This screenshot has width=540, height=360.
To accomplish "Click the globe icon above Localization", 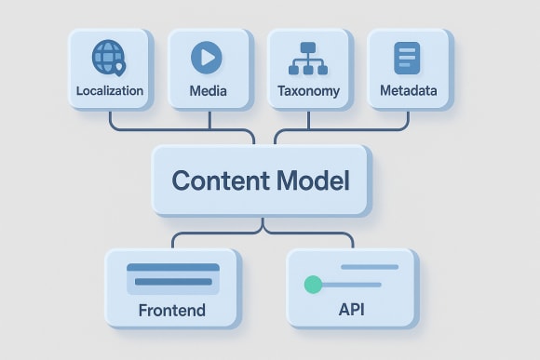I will (x=109, y=58).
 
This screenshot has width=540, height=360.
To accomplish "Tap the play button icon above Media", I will (x=207, y=58).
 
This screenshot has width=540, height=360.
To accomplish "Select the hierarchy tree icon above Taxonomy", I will (x=309, y=58).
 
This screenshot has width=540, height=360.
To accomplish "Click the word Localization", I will (x=110, y=91).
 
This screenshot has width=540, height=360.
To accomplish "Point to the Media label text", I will (x=208, y=91).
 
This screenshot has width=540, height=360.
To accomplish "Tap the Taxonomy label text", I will (x=309, y=91).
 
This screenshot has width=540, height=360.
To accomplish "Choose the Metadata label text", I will (x=409, y=91).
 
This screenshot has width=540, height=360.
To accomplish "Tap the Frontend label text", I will (x=171, y=310).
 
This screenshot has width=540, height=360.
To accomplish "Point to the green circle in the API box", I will (x=313, y=284).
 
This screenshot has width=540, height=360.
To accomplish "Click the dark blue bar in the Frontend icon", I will (x=173, y=268).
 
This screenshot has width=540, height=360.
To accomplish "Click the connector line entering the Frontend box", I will (x=173, y=240).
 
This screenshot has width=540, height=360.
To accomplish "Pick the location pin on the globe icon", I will (x=119, y=66).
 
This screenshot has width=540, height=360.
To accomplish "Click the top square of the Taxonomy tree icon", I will (x=309, y=47).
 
